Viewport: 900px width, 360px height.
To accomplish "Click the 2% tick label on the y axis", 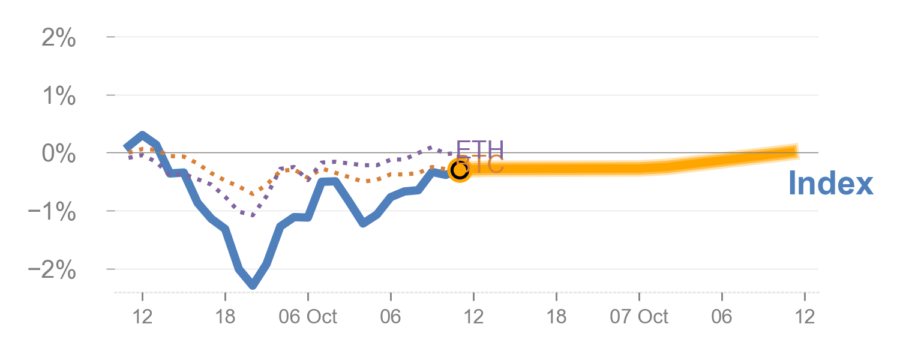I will pyautogui.click(x=59, y=39).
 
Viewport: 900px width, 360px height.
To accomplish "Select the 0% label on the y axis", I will pyautogui.click(x=59, y=154).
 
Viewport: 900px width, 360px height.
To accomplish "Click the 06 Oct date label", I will pyautogui.click(x=308, y=316).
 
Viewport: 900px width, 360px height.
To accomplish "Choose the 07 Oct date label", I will pyautogui.click(x=639, y=316).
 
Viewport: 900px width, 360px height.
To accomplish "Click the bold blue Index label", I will pyautogui.click(x=830, y=183).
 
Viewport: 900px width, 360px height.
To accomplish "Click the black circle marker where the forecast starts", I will pyautogui.click(x=460, y=170).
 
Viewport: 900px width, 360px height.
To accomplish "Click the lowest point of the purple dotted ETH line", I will pyautogui.click(x=252, y=215).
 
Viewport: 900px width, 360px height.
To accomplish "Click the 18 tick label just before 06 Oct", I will pyautogui.click(x=225, y=316).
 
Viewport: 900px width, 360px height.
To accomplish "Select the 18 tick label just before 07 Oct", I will pyautogui.click(x=557, y=316).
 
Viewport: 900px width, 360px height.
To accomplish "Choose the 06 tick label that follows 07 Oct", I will pyautogui.click(x=722, y=316).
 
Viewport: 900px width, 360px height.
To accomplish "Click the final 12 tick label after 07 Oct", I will pyautogui.click(x=805, y=316).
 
